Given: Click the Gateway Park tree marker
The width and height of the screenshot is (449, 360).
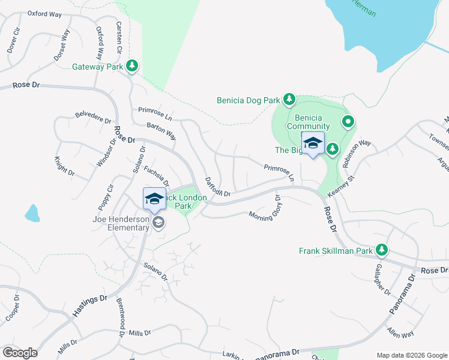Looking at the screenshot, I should click(133, 67).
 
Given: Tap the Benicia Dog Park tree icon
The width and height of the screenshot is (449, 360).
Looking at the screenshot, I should click(289, 99).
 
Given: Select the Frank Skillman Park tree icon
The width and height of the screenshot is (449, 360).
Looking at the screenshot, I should click(381, 250).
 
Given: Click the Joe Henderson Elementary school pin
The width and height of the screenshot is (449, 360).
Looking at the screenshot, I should click(159, 223).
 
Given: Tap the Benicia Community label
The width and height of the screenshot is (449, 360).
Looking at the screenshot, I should click(308, 122).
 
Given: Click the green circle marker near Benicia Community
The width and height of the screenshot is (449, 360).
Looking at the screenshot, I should click(348, 122).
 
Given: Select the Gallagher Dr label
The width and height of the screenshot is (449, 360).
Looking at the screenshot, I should click(382, 281).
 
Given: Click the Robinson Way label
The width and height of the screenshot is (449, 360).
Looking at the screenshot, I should click(357, 154).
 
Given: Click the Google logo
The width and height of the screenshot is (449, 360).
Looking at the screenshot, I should click(20, 352).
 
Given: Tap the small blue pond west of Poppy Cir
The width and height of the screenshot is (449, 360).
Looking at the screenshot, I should click(32, 213).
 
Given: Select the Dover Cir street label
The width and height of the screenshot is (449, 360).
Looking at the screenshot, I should click(12, 40).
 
